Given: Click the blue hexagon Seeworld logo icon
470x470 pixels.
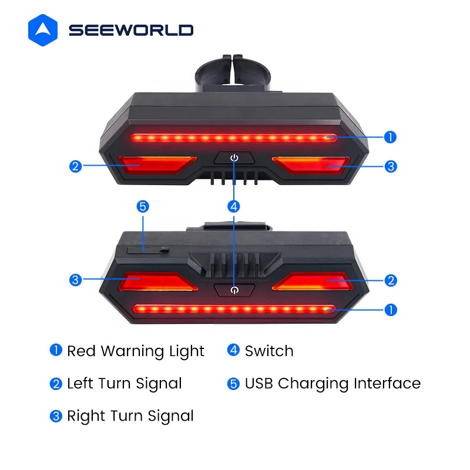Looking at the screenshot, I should point(44,30).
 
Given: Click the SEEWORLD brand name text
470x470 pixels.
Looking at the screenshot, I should point(130,31).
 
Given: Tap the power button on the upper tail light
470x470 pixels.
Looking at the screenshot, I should point(234,159).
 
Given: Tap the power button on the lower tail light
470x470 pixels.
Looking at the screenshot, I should point(234,289).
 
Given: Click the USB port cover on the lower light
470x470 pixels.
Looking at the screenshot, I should point(146,250).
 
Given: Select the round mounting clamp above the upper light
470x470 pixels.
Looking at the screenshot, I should point(234,76).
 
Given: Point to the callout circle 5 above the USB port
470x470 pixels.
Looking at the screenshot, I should point(143,206).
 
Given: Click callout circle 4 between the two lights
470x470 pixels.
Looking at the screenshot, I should point(234,206).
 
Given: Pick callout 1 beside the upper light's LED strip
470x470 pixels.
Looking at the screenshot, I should point(391,137).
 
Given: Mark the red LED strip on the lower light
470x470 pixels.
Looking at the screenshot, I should point(234,308).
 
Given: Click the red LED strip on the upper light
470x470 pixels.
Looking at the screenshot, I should point(234,138).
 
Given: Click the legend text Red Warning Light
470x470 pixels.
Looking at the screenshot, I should point(136,351).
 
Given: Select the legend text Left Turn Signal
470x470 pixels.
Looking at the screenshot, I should point(125,384).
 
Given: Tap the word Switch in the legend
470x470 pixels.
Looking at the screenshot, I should point(269,351).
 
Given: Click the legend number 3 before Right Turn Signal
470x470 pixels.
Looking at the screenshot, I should point(56,416).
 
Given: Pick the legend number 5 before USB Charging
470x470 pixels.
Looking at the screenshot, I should point(234,384).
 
